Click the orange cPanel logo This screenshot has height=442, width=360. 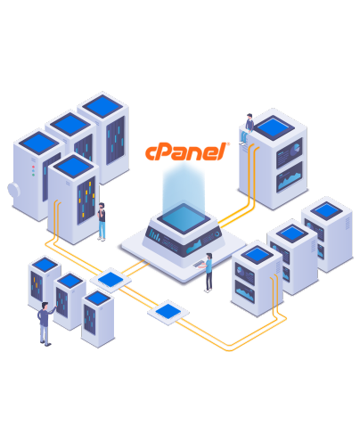[187, 151]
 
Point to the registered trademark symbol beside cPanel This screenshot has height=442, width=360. [228, 144]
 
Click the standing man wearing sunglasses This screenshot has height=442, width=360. [102, 221]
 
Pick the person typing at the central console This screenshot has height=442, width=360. [209, 273]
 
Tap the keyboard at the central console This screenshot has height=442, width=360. [199, 264]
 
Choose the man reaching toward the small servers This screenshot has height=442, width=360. [45, 323]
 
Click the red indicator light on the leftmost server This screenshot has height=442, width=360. [33, 167]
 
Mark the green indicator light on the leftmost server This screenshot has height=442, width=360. [33, 175]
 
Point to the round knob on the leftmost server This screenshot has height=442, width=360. [13, 190]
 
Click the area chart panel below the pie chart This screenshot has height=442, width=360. [289, 177]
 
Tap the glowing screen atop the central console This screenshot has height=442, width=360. [184, 218]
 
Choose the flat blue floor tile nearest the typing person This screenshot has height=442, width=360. [168, 312]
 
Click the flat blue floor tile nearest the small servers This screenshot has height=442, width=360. [110, 279]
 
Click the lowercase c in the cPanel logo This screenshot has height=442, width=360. [151, 153]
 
